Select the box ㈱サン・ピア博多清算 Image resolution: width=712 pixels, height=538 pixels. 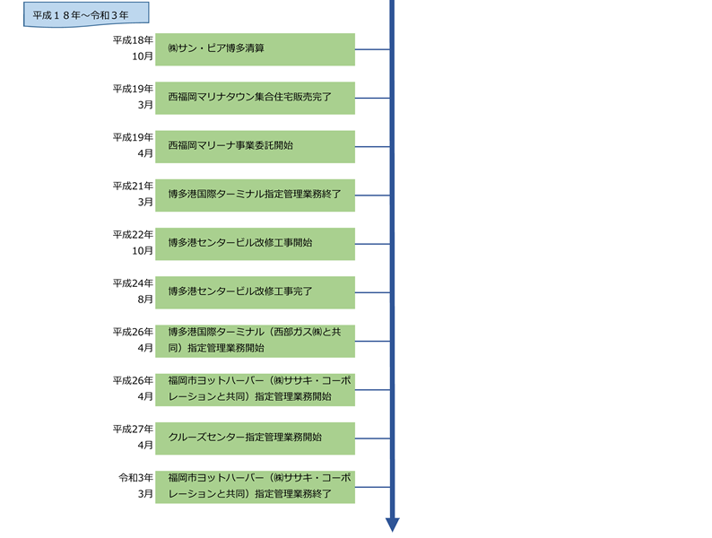255,49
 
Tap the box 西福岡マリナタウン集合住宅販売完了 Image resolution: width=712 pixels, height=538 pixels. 255,98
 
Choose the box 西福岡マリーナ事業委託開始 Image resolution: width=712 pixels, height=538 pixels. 255,146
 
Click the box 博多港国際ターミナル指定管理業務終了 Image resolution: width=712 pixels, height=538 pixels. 255,195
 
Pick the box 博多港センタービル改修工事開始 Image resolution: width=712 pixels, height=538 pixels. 255,243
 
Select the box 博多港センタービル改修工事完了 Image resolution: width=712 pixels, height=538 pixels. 255,292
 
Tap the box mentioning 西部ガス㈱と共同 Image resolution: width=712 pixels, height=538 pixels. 255,341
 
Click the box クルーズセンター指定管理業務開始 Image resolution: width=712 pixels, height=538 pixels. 255,438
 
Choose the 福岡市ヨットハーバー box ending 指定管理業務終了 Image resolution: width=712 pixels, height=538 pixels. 255,486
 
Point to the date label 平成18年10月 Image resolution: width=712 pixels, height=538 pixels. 133,49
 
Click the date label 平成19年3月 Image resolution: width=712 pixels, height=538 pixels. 133,98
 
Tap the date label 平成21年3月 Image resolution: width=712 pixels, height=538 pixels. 133,195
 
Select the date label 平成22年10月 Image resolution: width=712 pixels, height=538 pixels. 133,243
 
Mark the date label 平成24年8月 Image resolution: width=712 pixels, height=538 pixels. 133,292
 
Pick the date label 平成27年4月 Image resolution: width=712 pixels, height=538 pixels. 133,438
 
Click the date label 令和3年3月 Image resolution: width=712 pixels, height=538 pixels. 133,486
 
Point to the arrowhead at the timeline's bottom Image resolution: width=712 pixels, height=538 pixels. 392,525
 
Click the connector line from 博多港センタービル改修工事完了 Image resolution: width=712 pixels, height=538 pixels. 373,292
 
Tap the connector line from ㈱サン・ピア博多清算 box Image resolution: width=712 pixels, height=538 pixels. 373,49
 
